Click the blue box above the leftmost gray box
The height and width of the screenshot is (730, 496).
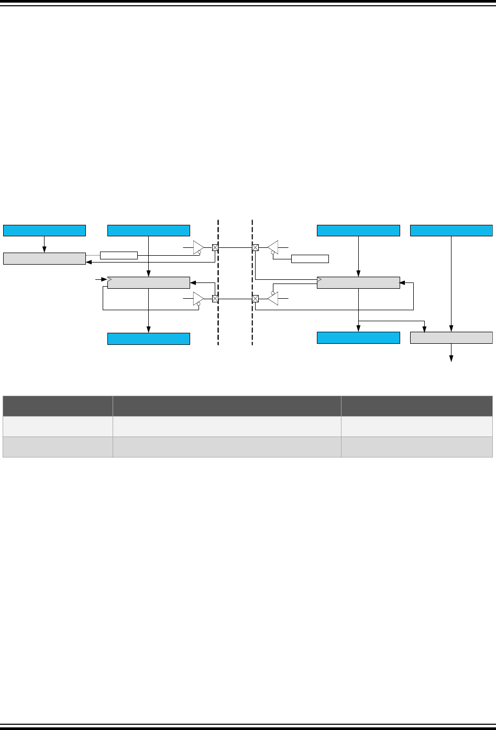point(45,231)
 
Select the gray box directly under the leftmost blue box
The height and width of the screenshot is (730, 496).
point(45,258)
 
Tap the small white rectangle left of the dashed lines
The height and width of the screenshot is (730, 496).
point(118,255)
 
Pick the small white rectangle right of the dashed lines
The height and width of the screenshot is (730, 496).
point(310,258)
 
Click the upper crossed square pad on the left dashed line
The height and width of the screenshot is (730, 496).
point(215,247)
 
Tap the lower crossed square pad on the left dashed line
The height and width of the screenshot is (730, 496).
point(215,299)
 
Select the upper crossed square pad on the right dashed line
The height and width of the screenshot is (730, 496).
point(255,247)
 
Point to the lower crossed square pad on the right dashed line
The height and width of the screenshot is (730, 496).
point(255,299)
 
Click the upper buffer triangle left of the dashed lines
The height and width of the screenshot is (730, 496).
point(198,247)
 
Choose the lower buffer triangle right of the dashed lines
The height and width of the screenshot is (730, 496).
point(272,299)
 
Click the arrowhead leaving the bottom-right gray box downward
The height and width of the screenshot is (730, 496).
point(451,358)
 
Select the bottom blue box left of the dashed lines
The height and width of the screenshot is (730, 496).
point(149,339)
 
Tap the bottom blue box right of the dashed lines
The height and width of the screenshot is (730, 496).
point(358,338)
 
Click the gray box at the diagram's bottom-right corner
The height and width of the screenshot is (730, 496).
point(451,338)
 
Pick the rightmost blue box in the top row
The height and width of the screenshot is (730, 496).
point(451,231)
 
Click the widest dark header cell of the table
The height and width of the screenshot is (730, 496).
point(227,406)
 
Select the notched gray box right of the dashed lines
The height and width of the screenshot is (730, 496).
point(358,282)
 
